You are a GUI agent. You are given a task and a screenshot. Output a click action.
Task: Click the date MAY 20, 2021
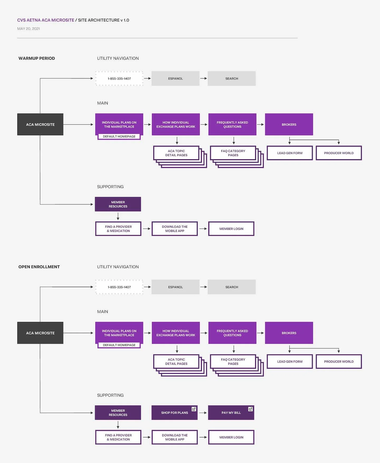coord(28,29)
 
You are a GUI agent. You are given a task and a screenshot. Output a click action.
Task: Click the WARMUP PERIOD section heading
coord(37,58)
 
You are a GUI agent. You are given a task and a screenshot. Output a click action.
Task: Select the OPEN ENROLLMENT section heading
coord(39,267)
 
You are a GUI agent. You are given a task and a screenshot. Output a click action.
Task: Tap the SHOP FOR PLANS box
coord(174,413)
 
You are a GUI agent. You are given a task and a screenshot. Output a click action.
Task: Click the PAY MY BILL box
coord(231,413)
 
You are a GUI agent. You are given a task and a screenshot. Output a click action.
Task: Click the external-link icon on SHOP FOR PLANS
coord(194,409)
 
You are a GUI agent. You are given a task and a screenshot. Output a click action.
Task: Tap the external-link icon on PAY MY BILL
coord(250,409)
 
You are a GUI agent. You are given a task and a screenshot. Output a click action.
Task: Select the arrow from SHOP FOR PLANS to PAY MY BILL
coord(203,413)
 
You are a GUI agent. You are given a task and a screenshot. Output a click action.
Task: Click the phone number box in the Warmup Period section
coord(119,78)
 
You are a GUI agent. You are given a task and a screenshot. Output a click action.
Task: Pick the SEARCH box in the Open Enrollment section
coord(232,287)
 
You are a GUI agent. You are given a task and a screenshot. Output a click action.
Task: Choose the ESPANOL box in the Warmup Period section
coord(175,78)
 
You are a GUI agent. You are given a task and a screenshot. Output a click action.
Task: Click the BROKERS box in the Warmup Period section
coord(289,124)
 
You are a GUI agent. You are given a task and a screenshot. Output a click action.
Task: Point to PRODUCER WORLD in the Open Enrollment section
coord(339,362)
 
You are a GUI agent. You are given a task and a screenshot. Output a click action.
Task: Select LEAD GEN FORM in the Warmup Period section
coord(290,153)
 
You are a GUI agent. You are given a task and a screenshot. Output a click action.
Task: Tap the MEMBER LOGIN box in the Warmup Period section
coord(231,229)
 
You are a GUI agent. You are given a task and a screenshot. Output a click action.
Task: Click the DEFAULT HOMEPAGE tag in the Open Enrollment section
coord(119,345)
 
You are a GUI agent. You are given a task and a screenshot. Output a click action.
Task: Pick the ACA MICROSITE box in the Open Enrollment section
coord(40,333)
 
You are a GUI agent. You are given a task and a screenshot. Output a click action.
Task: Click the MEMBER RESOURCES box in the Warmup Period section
coord(118,204)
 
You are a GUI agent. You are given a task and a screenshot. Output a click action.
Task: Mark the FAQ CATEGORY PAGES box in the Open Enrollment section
coord(233,362)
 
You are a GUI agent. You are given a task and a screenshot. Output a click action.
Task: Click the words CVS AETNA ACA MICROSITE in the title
coord(46,20)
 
